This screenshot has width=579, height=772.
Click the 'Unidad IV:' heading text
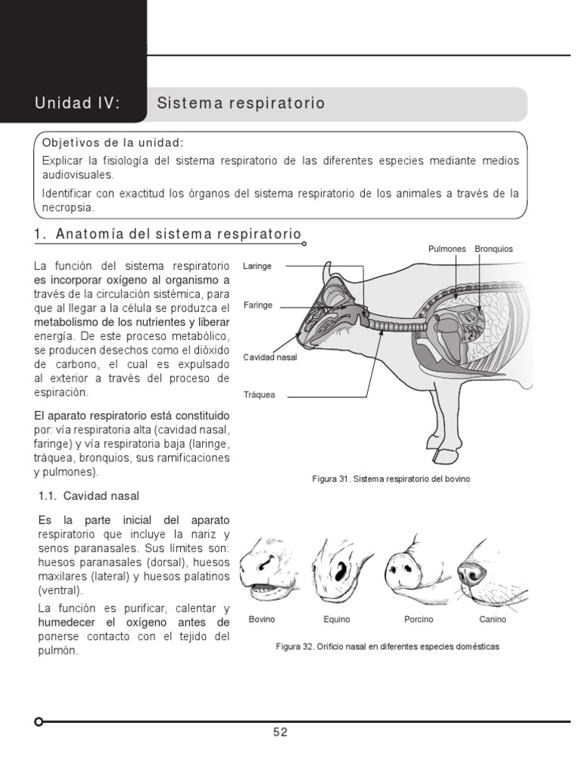[77, 103]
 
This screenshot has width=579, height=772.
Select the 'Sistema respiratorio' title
[240, 103]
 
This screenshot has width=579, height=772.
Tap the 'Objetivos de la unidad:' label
[113, 143]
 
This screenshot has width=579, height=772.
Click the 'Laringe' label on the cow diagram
[257, 266]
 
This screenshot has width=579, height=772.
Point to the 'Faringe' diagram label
[258, 305]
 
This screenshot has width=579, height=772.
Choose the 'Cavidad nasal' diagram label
[270, 357]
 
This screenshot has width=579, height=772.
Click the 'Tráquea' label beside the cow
[259, 394]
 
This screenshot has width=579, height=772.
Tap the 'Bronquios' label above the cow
[494, 248]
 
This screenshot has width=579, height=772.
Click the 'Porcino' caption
[418, 620]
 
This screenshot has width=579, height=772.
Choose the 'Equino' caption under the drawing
[336, 620]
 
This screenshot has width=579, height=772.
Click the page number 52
[280, 732]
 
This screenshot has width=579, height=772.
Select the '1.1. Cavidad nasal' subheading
[100, 495]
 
